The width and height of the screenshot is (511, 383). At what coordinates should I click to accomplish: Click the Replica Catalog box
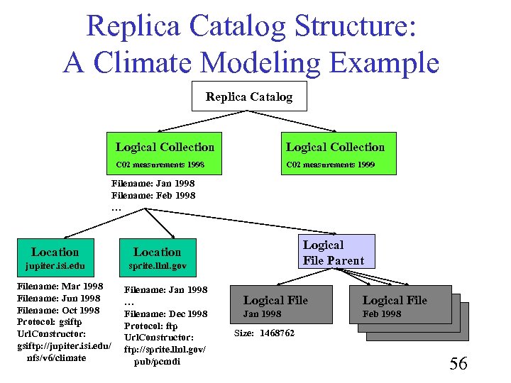click(249, 96)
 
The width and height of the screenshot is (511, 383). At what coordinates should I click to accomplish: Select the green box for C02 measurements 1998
click(164, 154)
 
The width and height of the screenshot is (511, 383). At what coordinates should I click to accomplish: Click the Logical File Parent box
click(333, 252)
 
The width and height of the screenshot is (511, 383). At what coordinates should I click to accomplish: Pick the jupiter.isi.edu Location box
click(55, 258)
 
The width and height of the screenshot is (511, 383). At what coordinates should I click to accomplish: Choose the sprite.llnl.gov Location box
click(158, 258)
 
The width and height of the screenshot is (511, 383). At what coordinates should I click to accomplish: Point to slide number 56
click(458, 364)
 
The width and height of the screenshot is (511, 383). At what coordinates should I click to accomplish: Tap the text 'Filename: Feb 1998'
click(153, 195)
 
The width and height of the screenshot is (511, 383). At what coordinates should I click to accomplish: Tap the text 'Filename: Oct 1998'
click(57, 310)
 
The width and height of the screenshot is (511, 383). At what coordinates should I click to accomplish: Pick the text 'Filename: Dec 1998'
click(166, 313)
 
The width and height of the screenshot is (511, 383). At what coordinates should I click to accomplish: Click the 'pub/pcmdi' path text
click(156, 362)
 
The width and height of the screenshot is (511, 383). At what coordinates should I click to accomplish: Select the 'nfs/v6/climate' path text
click(56, 357)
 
